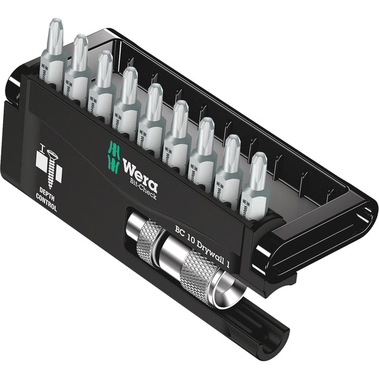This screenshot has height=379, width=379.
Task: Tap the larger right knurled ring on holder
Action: point(201,271)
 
